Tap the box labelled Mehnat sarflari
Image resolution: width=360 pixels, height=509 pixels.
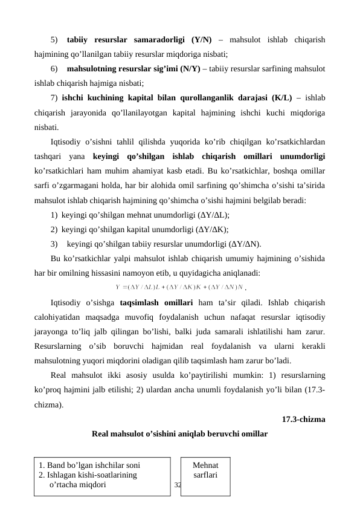(x=205, y=470)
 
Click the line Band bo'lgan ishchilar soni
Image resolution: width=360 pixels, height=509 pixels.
(x=89, y=465)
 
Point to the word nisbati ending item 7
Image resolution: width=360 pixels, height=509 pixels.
(x=46, y=128)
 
